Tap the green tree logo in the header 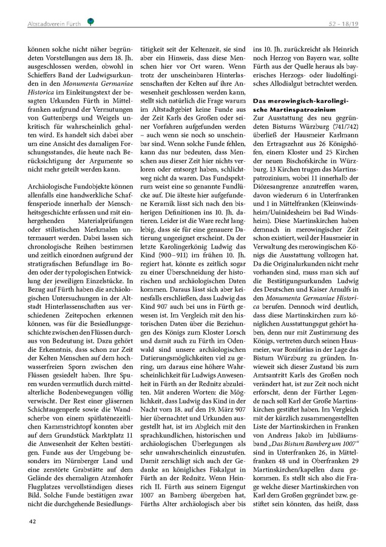(x=90, y=22)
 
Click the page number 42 (x=30, y=521)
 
